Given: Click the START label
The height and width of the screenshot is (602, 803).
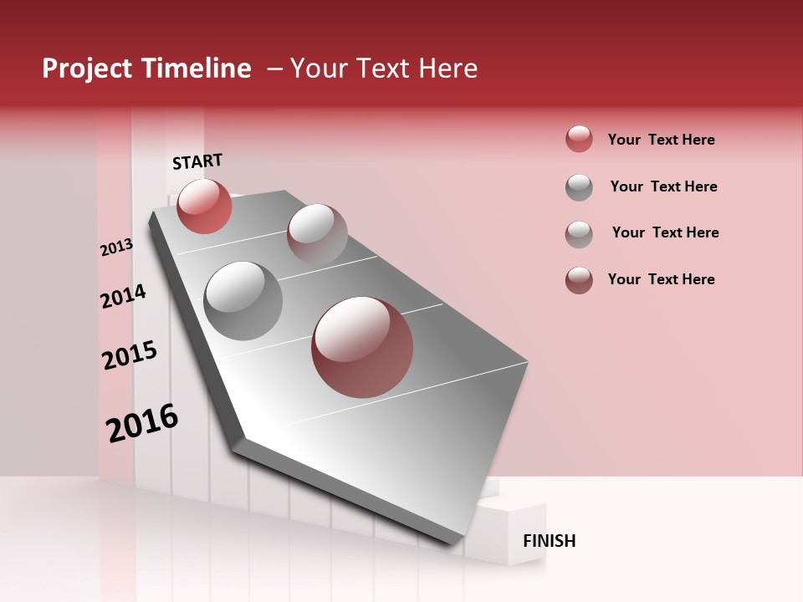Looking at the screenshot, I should pos(197,161).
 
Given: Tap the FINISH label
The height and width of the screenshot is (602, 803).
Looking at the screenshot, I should pos(549,541).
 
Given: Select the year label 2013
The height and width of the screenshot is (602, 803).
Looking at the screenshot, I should pos(116,247).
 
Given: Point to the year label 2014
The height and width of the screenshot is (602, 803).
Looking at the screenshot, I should pos(123,296).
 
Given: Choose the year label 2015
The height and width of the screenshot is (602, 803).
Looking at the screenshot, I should pos(130,355).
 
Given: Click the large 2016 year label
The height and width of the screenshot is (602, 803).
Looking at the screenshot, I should pos(142,423).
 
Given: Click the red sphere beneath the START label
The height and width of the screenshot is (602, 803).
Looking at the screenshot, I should pos(204,206).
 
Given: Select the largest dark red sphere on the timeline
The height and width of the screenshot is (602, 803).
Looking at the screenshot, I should pos(362,347).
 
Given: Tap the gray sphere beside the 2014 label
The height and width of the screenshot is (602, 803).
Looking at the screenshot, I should pos(243,300).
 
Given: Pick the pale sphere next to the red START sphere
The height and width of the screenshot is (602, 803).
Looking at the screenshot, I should pos(317,234).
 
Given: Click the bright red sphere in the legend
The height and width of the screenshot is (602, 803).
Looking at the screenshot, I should pos(579,139).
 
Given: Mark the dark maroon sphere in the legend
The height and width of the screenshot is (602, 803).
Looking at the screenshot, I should pos(579,280).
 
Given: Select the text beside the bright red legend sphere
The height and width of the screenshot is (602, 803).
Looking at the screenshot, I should pos(661,140).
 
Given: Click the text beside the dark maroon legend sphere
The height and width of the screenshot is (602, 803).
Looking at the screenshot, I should pos(661,279).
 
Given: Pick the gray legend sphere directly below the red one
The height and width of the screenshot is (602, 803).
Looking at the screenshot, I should pos(579,187).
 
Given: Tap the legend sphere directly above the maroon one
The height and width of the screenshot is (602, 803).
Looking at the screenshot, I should pos(579,234).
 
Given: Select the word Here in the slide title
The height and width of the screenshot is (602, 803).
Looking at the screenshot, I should pos(448,69).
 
